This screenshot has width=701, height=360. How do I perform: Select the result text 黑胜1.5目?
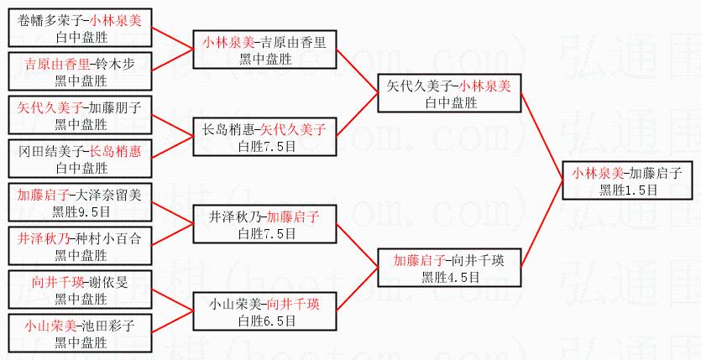[x=626, y=190]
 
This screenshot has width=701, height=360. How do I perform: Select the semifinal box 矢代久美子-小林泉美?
[x=449, y=93]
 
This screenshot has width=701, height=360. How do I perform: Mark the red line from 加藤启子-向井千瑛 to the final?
[x=544, y=225]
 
